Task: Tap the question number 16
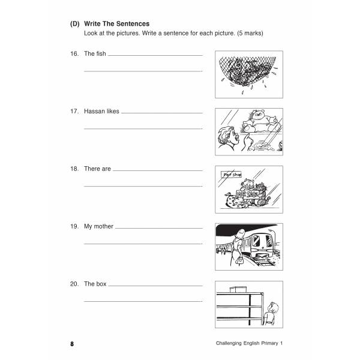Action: click(x=74, y=54)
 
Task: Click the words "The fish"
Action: click(x=95, y=54)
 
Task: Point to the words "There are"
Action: click(x=97, y=169)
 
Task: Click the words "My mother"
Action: click(x=98, y=227)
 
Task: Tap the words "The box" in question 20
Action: click(x=95, y=284)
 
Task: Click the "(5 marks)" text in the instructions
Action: click(x=247, y=33)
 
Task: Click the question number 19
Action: click(x=74, y=227)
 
